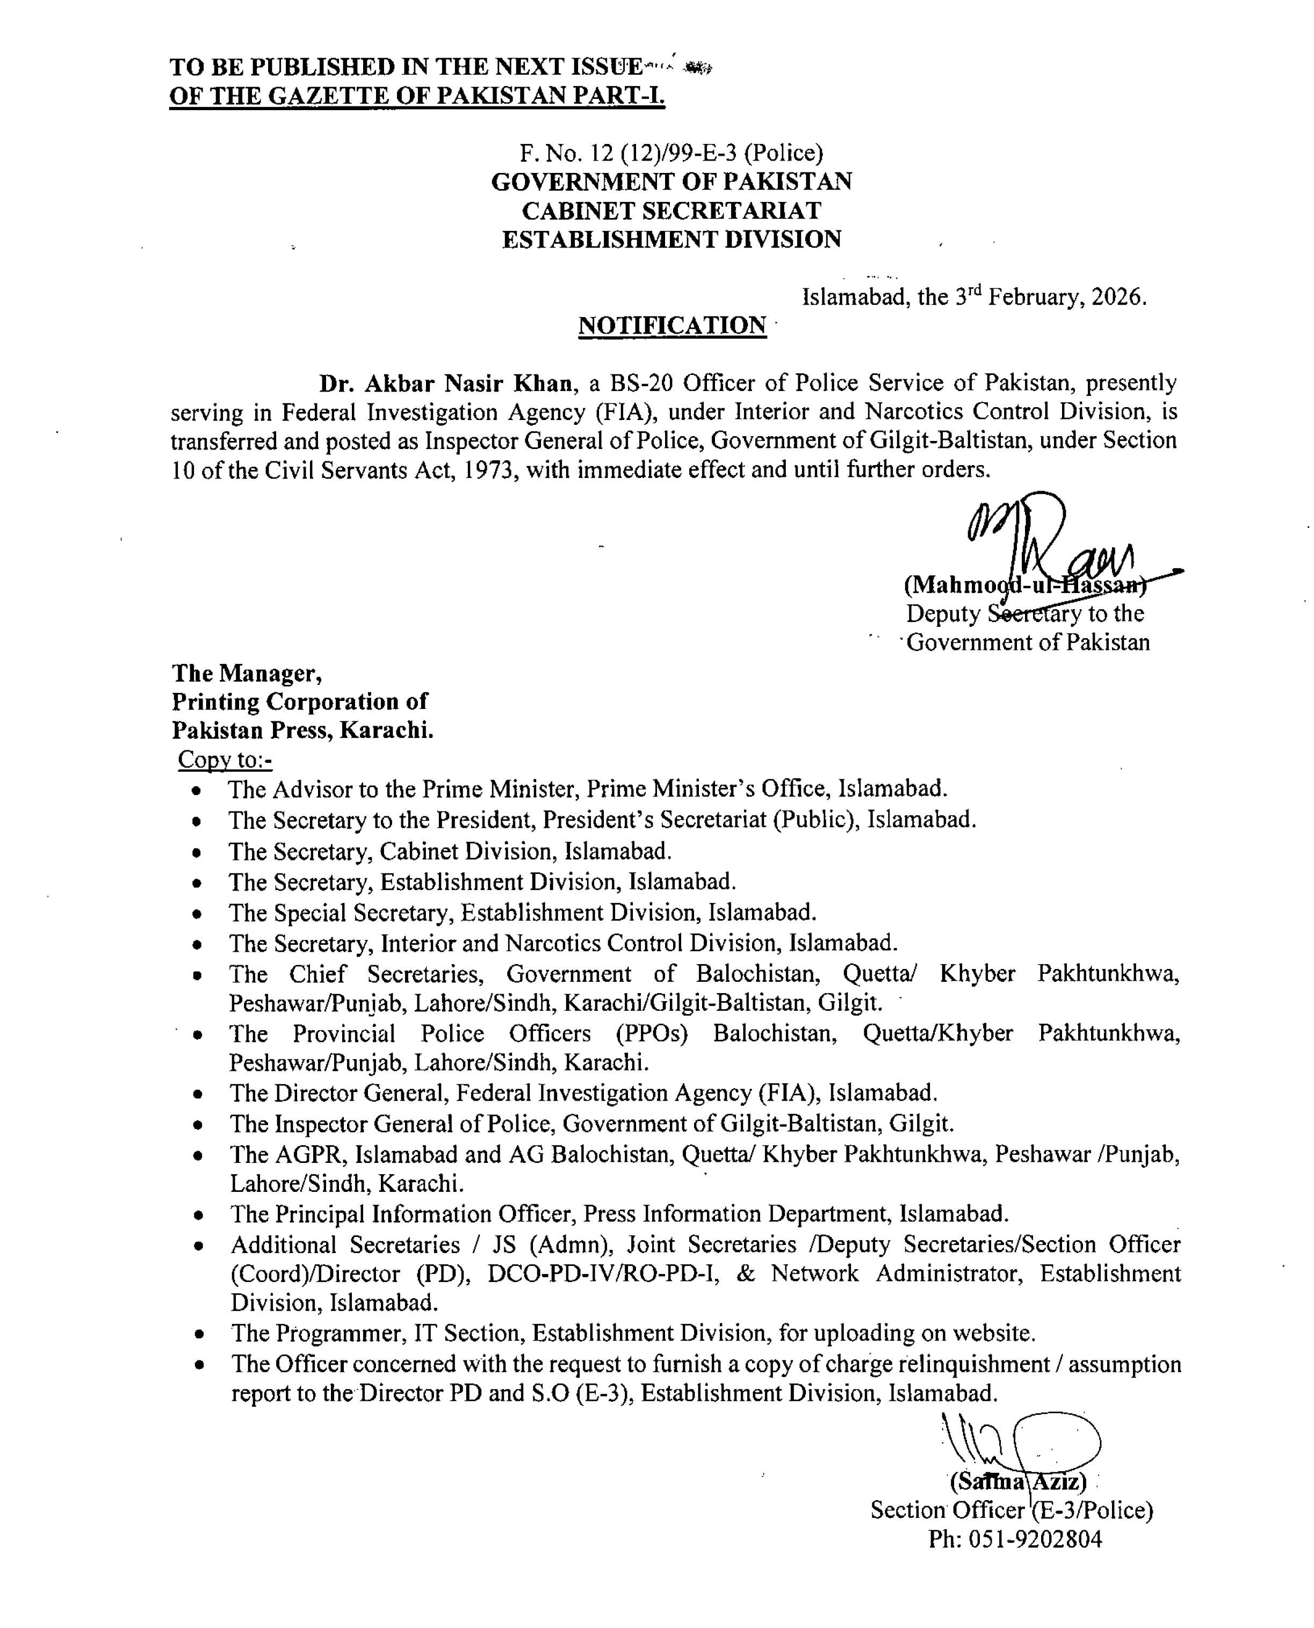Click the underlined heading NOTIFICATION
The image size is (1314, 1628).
672,325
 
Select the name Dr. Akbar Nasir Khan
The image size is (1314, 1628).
445,384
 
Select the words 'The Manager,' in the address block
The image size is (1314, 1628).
247,673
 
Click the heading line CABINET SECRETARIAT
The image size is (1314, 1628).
672,211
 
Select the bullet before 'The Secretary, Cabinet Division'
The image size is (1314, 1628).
197,853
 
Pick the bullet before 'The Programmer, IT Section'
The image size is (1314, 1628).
198,1334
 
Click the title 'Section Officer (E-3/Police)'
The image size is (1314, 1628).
1011,1511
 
